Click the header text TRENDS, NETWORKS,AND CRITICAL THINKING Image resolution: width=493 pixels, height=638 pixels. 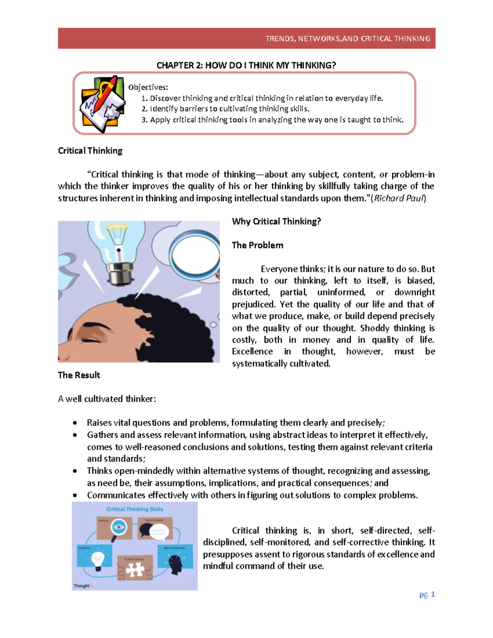348,39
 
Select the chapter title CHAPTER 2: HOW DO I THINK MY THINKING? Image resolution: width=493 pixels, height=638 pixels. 246,65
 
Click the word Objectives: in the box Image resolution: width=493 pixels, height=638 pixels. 148,87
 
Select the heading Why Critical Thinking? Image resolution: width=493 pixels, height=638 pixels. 276,221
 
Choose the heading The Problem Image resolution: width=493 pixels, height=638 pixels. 258,245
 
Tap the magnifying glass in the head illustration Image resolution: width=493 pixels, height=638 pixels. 196,254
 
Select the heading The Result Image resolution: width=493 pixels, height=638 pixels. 79,375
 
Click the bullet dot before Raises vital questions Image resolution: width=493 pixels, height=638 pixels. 75,423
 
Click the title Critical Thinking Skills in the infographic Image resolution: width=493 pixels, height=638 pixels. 135,509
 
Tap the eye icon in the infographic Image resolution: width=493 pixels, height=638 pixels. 119,527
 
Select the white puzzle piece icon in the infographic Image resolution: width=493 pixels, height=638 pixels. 134,570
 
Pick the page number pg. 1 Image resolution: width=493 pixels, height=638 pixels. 427,594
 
